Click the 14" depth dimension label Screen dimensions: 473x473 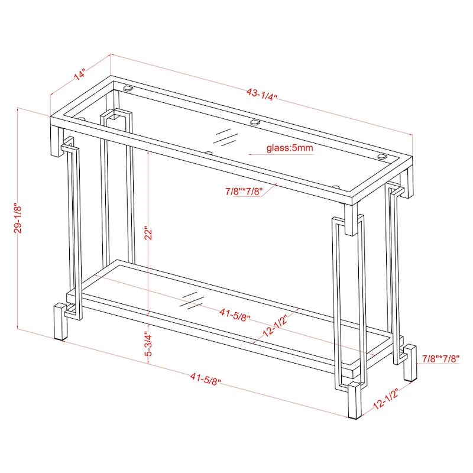click(x=79, y=75)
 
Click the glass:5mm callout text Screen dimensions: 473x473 click(x=289, y=148)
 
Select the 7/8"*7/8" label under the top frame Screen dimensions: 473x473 click(x=243, y=191)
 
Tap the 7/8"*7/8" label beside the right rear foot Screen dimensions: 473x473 click(x=440, y=358)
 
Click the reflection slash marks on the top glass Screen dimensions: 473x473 click(x=226, y=137)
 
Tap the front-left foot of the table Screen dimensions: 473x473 click(x=60, y=322)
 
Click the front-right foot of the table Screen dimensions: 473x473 click(x=355, y=401)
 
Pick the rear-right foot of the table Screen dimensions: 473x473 click(x=410, y=362)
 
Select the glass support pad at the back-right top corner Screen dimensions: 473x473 click(x=381, y=157)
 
